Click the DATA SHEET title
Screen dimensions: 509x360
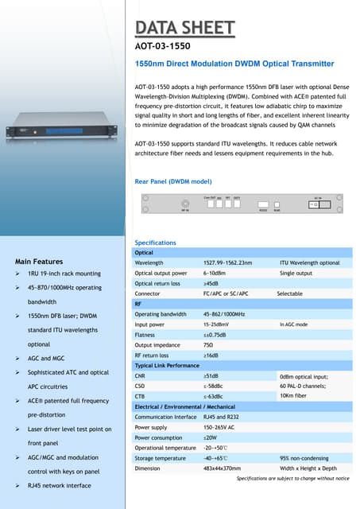point(184,29)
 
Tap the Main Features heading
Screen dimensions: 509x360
point(39,261)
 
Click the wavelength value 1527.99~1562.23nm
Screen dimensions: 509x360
point(227,262)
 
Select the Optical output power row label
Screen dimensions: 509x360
point(161,273)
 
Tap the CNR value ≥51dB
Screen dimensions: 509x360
point(211,375)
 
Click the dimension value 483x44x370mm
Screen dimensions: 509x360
point(222,468)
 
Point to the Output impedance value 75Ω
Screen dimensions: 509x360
point(208,344)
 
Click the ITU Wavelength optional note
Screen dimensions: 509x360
point(309,262)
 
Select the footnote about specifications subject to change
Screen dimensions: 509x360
point(292,478)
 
